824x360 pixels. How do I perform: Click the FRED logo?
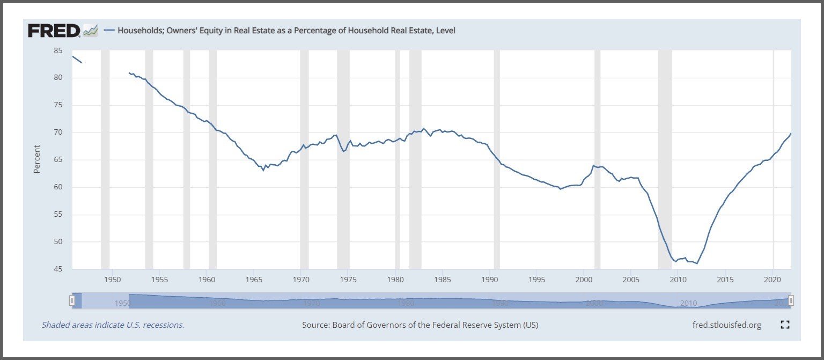(55, 31)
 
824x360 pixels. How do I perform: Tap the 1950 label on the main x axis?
(112, 280)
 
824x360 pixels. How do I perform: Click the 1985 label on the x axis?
(443, 280)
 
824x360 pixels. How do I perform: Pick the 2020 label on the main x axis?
(772, 280)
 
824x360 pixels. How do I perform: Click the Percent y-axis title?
(37, 159)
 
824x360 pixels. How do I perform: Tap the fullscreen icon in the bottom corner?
(785, 325)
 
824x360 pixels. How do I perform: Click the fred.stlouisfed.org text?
(727, 325)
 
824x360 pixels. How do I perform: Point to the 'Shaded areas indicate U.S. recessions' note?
(113, 325)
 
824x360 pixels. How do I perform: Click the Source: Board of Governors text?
(420, 325)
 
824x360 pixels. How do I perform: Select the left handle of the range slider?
(72, 301)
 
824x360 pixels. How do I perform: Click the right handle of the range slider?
(791, 301)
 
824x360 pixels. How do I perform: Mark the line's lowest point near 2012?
(697, 263)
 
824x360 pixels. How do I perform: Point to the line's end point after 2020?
(791, 133)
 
